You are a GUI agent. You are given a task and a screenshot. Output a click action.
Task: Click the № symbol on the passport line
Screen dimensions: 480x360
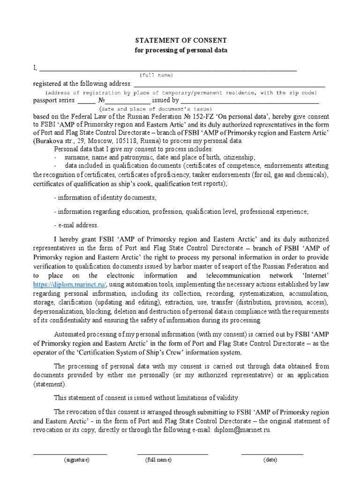[x=101, y=100]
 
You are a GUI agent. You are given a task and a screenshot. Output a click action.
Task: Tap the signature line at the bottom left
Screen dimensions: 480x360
[x=70, y=453]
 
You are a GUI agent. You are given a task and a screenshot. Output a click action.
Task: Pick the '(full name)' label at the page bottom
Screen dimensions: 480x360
[x=158, y=460]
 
